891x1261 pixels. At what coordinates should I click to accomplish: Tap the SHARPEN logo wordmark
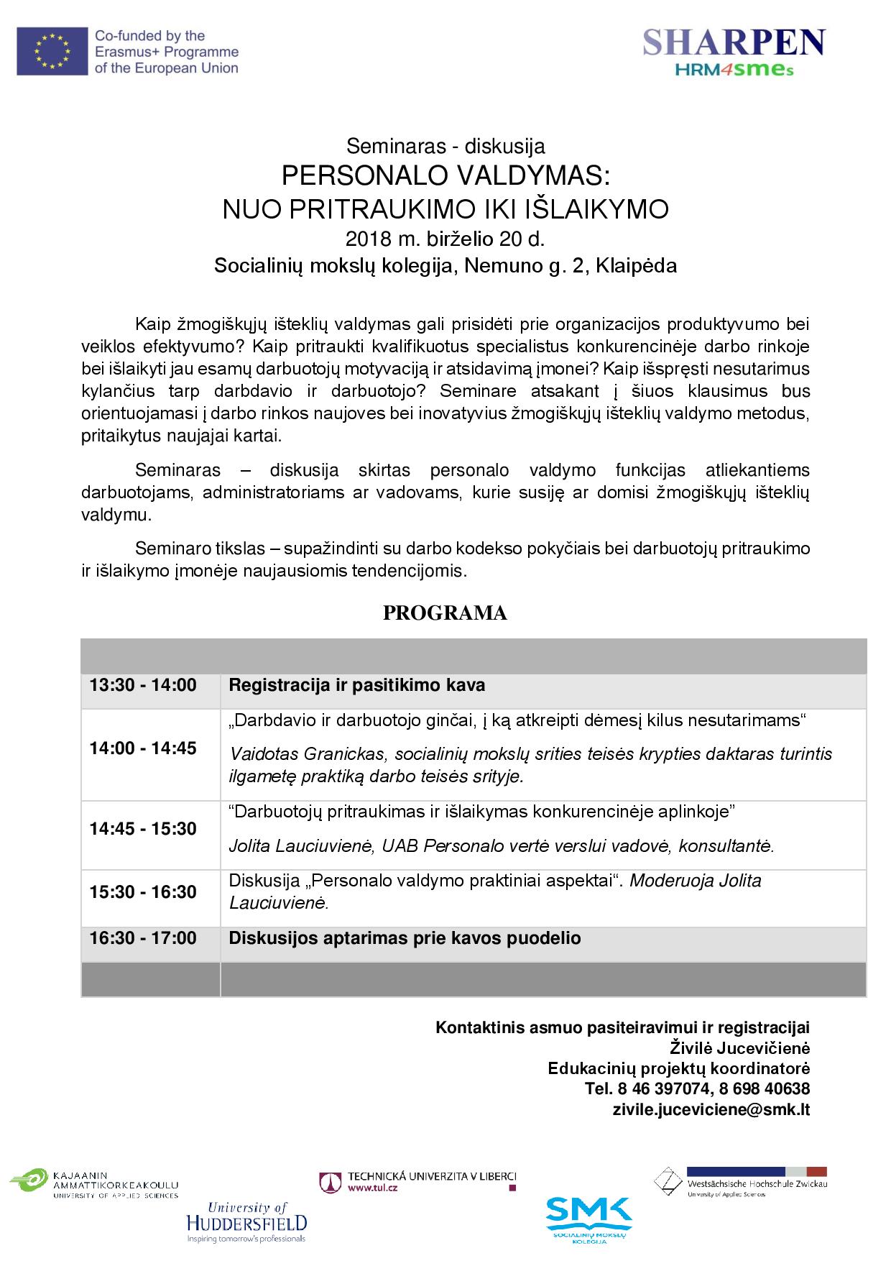734,43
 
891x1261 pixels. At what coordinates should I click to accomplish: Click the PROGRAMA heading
445,613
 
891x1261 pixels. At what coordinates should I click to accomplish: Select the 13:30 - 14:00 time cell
143,685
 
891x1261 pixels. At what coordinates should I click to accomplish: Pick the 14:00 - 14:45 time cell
143,748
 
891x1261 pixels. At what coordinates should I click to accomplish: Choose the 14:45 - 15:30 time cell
143,829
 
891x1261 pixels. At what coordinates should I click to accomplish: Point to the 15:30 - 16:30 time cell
143,892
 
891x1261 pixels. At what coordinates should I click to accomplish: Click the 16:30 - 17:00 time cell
143,938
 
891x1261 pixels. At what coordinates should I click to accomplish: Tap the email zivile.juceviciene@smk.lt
711,1109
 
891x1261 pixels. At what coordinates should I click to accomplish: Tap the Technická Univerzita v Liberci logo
418,1182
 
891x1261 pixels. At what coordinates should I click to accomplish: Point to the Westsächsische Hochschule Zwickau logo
740,1182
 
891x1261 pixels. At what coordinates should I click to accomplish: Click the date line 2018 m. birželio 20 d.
445,238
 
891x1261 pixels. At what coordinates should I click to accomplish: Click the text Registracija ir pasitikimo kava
356,685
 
